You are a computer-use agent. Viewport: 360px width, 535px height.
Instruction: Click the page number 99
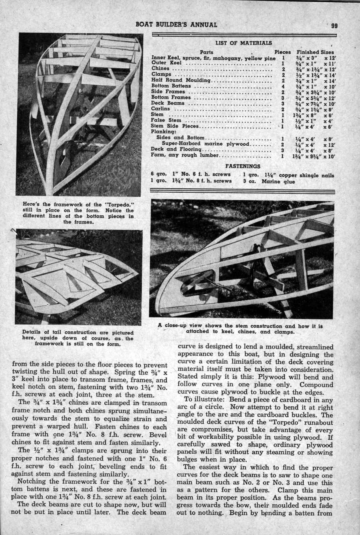334,26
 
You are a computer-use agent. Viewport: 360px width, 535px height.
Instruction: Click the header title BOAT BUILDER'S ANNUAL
176,24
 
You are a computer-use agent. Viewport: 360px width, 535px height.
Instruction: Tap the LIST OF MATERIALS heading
243,43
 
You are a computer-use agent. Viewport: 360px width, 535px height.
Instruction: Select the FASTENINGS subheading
243,166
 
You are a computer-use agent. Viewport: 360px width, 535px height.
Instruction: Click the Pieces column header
283,52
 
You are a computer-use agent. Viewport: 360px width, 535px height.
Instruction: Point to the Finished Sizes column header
315,52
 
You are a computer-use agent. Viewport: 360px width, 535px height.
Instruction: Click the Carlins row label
160,109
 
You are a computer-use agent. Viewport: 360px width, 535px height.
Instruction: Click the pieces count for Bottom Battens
283,86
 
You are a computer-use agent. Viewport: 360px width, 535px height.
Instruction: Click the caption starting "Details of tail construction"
78,338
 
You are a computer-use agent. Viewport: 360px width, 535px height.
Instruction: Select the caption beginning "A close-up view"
240,329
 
